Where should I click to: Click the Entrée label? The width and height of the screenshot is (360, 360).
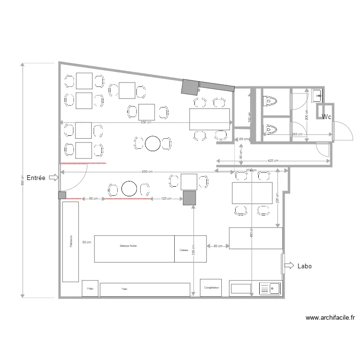click(36, 178)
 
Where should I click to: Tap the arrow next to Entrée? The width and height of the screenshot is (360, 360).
click(53, 178)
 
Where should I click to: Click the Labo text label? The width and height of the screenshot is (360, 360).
click(304, 265)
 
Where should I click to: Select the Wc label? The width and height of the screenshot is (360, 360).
click(326, 117)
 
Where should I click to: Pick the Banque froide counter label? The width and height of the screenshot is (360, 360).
click(128, 245)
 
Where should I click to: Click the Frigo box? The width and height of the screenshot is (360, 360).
click(90, 289)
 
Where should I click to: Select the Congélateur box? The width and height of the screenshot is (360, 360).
click(211, 288)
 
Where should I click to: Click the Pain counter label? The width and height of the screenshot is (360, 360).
click(124, 289)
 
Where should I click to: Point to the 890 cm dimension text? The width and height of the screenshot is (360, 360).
click(23, 180)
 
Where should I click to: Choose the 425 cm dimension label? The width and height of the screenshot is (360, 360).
click(273, 161)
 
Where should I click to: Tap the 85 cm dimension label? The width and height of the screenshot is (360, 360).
click(217, 246)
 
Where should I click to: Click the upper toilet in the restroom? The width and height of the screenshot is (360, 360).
click(271, 101)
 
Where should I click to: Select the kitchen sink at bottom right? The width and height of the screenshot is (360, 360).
click(270, 288)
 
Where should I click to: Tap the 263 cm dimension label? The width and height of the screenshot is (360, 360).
click(297, 134)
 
